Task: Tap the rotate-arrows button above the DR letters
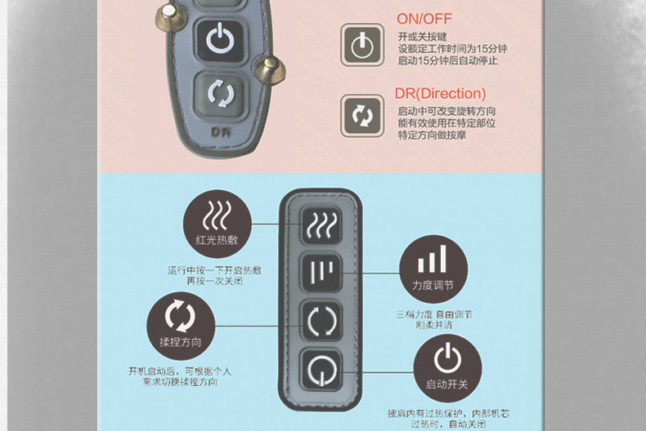click(x=219, y=93)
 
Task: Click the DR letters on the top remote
click(x=219, y=131)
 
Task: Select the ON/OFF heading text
click(x=424, y=19)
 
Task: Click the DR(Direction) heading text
click(x=440, y=94)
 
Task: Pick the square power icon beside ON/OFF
click(x=362, y=44)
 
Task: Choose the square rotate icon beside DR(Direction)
click(x=362, y=115)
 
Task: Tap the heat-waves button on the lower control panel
click(x=321, y=224)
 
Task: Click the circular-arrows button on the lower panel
click(x=321, y=319)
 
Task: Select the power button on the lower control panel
click(x=321, y=368)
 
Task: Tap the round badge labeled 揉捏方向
click(x=181, y=326)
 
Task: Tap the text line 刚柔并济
click(x=434, y=325)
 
